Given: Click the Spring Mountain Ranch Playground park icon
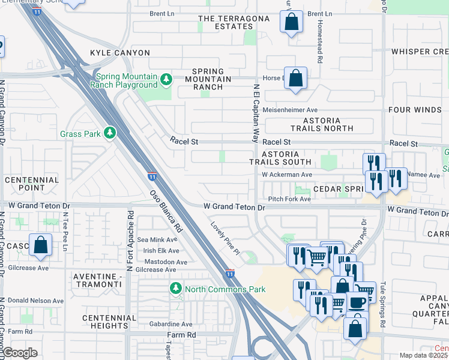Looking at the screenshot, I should pyautogui.click(x=166, y=79).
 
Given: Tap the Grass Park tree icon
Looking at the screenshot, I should pyautogui.click(x=109, y=133).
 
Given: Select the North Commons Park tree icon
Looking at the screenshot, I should pyautogui.click(x=175, y=289).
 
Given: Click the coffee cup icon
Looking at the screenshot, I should pyautogui.click(x=358, y=303).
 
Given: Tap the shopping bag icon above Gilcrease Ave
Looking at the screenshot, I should pyautogui.click(x=40, y=245).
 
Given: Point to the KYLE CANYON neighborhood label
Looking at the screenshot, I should pyautogui.click(x=120, y=53).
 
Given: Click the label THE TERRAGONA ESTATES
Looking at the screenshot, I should pyautogui.click(x=226, y=22).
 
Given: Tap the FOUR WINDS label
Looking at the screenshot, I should pyautogui.click(x=415, y=110).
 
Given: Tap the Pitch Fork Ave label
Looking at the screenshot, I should pyautogui.click(x=290, y=198).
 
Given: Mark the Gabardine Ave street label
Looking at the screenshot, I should pyautogui.click(x=170, y=323).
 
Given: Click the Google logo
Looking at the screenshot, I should pyautogui.click(x=20, y=353).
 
